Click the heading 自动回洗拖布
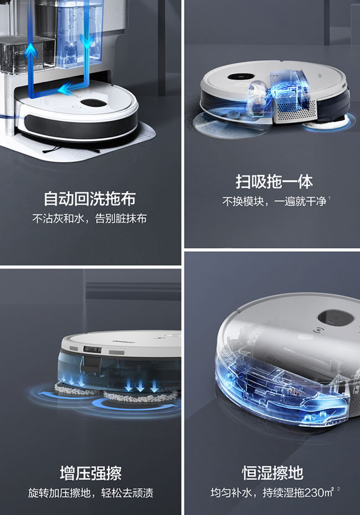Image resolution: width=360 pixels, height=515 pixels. [89, 199]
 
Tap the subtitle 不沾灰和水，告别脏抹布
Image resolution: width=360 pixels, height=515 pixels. [89, 219]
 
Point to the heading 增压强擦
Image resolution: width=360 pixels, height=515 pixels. [90, 473]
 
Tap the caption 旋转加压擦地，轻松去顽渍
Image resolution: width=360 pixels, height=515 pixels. [90, 493]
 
